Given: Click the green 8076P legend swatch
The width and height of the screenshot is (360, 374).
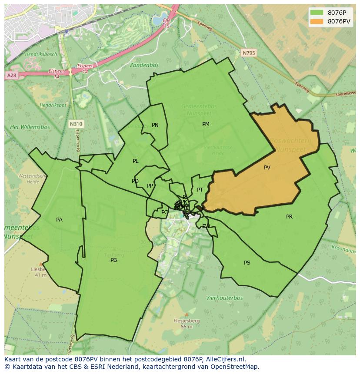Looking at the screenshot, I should pyautogui.click(x=317, y=13).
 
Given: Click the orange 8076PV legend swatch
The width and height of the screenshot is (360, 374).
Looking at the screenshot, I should pyautogui.click(x=317, y=21).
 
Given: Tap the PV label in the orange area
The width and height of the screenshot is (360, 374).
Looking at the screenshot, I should pyautogui.click(x=267, y=167).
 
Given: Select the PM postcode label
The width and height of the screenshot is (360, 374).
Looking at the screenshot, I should pyautogui.click(x=206, y=124).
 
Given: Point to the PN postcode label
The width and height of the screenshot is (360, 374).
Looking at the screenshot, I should pyautogui.click(x=155, y=125).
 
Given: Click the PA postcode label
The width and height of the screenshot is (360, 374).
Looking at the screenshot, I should pyautogui.click(x=59, y=220).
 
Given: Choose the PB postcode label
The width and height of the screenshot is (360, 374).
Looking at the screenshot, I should pyautogui.click(x=113, y=260).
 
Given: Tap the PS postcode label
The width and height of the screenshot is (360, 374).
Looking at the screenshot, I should pyautogui.click(x=247, y=263).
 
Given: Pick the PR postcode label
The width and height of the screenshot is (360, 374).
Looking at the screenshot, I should pyautogui.click(x=289, y=217).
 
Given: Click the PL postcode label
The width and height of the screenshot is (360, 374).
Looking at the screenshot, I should pyautogui.click(x=136, y=161).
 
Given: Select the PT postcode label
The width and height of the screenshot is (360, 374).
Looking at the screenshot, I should pyautogui.click(x=200, y=190).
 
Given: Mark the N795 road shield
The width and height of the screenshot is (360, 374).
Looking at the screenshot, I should pyautogui.click(x=249, y=53).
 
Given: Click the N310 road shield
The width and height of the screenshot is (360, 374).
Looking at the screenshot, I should pyautogui.click(x=76, y=124).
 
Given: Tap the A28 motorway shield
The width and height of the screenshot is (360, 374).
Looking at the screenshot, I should pyautogui.click(x=11, y=76).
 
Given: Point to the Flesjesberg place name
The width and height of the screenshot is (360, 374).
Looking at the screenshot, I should pyautogui.click(x=187, y=321).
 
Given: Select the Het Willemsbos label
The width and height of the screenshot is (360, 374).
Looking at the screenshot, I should pyautogui.click(x=30, y=127).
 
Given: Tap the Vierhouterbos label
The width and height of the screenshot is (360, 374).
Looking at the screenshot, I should pyautogui.click(x=224, y=298).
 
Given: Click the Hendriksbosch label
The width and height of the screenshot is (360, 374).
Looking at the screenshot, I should pyautogui.click(x=41, y=54).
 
